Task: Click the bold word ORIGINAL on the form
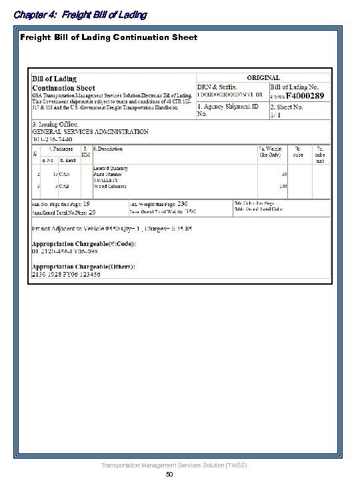[x=263, y=77]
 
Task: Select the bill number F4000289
[x=306, y=97]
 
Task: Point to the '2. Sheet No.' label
[x=287, y=107]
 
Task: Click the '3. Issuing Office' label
[x=55, y=125]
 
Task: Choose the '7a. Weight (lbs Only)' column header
[x=269, y=151]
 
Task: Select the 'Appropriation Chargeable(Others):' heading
[x=83, y=267]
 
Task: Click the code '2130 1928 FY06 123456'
[x=67, y=274]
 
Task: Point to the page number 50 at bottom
[x=169, y=474]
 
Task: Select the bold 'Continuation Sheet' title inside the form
[x=64, y=87]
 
